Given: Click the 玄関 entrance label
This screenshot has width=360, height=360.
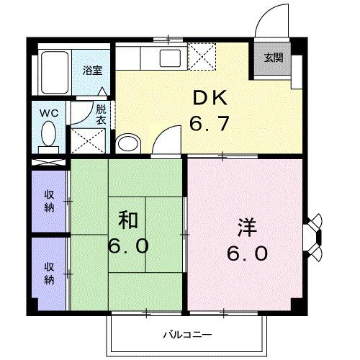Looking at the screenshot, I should coord(273,58).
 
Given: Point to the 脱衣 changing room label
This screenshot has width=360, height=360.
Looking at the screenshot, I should coord(101,115).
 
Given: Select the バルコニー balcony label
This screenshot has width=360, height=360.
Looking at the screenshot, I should coord(186,336).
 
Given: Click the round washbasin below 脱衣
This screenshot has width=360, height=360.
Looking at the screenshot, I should coord(127,143).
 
